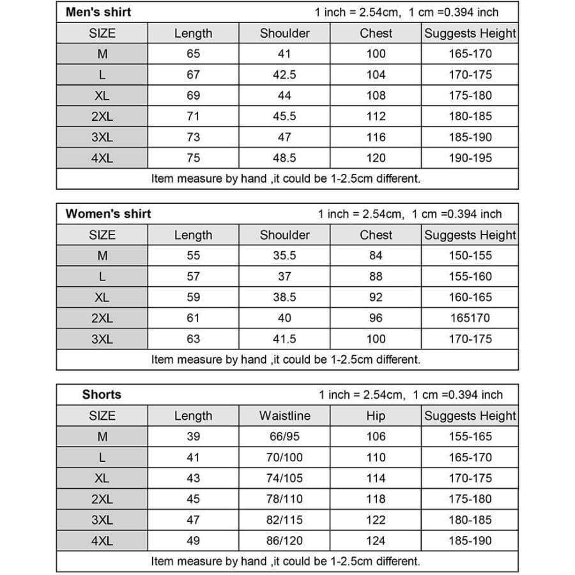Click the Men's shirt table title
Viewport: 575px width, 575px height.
(98, 12)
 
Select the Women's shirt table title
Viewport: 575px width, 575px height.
(108, 213)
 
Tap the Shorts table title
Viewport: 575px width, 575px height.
(102, 394)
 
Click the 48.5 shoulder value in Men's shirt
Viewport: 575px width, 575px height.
(284, 158)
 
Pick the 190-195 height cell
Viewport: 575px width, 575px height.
(470, 158)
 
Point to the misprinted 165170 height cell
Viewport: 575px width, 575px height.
(470, 318)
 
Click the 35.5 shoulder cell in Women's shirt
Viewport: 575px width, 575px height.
(284, 256)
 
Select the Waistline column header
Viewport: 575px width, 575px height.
(284, 416)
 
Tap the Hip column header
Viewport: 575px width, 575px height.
(376, 416)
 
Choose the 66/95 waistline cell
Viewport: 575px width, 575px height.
(284, 436)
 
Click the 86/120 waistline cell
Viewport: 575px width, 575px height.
(284, 541)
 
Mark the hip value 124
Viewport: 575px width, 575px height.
(376, 541)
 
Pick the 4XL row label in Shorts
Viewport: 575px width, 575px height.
(102, 541)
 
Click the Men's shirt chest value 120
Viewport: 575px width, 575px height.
(376, 158)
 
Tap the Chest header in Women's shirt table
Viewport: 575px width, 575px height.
(376, 234)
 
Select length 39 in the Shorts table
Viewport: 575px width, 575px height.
(193, 436)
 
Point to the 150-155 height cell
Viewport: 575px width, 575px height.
(470, 256)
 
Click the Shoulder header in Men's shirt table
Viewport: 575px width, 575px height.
(284, 33)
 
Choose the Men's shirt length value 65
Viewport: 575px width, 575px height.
(193, 54)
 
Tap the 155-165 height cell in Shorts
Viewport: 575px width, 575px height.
(470, 436)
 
